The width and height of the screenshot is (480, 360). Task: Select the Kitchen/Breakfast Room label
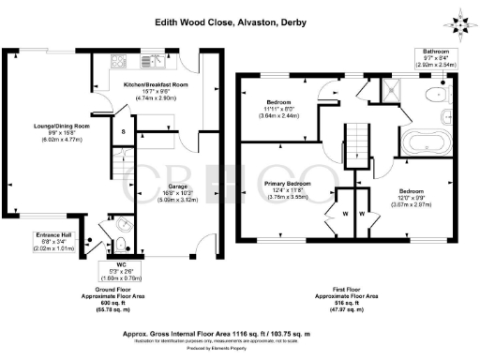(156, 90)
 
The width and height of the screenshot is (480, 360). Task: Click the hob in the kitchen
(119, 63)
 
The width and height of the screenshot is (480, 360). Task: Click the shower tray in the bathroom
(384, 91)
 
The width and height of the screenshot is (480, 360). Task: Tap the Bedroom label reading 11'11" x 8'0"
(282, 107)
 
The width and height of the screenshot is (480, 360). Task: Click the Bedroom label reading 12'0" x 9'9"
(415, 200)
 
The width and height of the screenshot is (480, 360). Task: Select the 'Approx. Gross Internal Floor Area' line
(238, 331)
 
